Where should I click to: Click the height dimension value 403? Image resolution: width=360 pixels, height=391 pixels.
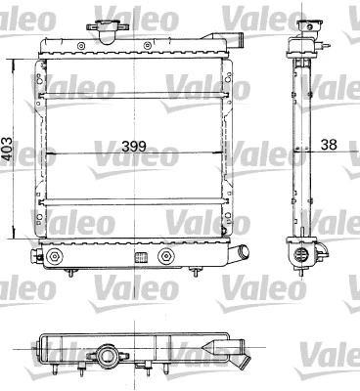click(x=9, y=149)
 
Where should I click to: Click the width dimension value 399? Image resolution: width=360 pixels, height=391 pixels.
click(x=134, y=149)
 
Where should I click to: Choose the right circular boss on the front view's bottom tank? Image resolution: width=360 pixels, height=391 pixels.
click(x=166, y=257)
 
